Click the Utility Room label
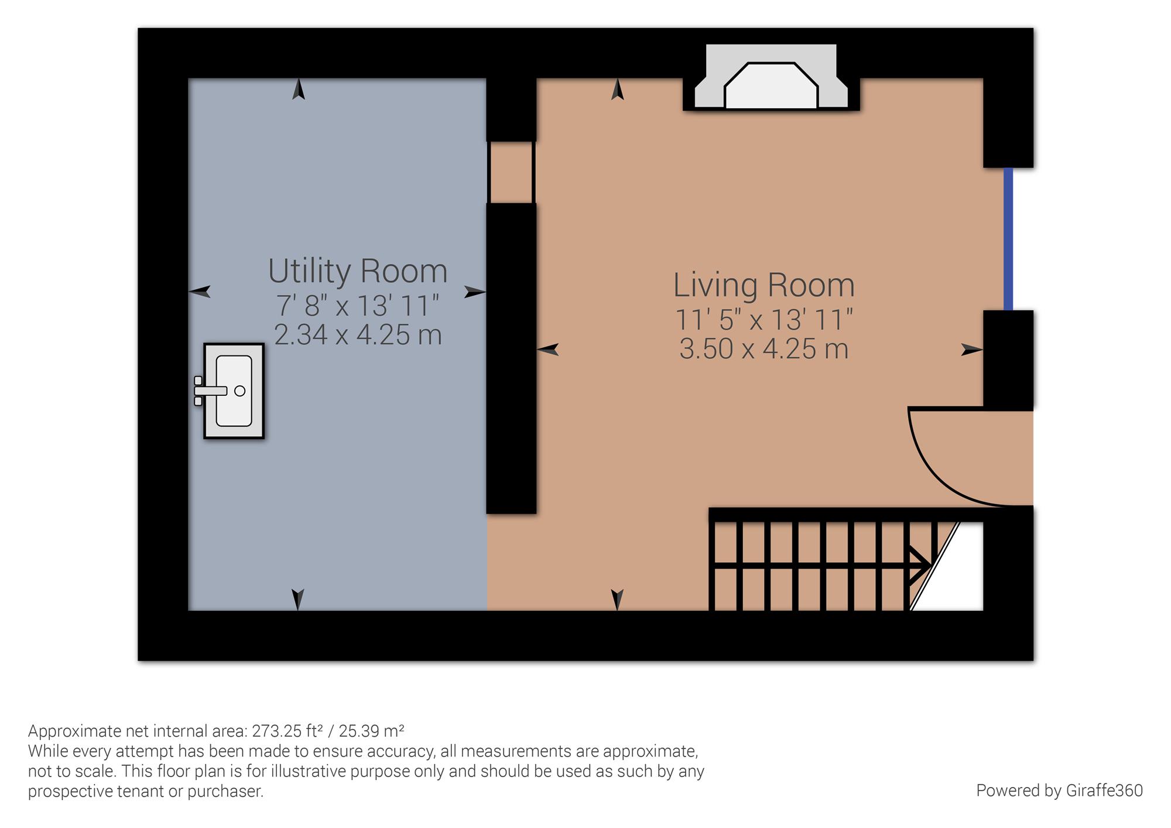pos(358,271)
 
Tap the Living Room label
pos(763,285)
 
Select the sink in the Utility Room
pos(234,391)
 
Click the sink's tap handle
pos(210,391)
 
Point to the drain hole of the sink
pos(239,391)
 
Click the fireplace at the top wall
pos(771,78)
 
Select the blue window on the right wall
pos(1008,239)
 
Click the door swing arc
pos(943,474)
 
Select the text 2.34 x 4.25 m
pos(358,335)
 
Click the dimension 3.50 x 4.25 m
pos(763,349)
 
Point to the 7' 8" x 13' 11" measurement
pos(358,305)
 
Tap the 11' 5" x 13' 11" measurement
pos(763,320)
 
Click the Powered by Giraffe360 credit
pos(1059,791)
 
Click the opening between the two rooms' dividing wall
pos(511,172)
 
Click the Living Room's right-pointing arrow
pos(972,350)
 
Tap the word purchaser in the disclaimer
pos(225,792)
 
